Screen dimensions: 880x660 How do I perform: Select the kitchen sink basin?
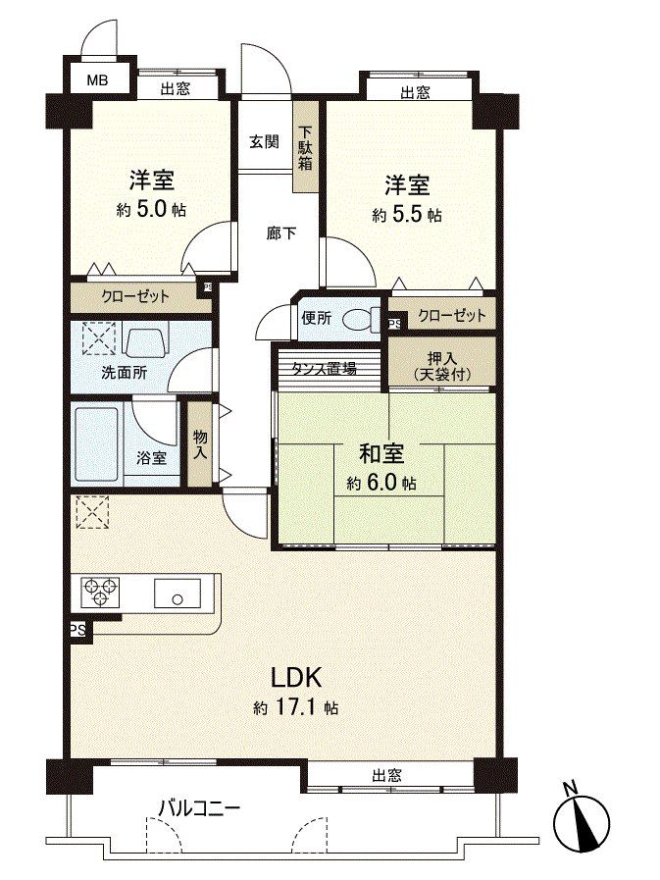point(177,595)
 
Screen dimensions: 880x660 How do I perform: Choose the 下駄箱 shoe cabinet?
point(306,147)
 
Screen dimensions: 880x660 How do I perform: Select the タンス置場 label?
point(323,369)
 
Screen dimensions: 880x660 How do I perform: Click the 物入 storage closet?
point(200,443)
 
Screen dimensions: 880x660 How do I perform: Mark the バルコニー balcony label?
point(200,808)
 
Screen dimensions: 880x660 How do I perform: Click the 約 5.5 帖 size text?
point(404,215)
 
